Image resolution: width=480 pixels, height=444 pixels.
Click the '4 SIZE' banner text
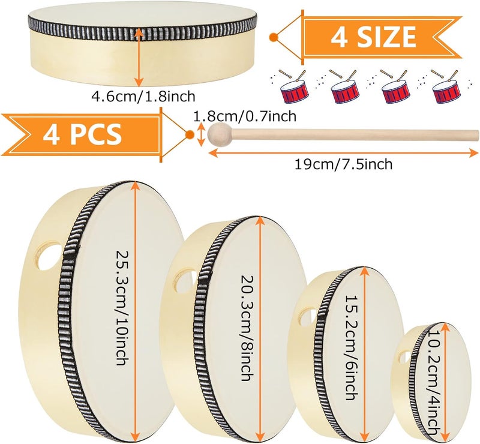[x=373, y=37]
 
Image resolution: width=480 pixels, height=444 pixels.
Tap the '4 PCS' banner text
[x=82, y=134]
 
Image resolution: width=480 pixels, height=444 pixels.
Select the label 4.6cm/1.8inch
[x=143, y=97]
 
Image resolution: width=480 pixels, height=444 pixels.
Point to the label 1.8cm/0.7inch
[x=245, y=116]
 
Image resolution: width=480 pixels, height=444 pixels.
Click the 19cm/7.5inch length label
[x=343, y=164]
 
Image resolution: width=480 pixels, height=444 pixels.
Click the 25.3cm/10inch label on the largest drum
[x=122, y=308]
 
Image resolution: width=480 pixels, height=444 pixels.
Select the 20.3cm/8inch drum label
[x=247, y=328]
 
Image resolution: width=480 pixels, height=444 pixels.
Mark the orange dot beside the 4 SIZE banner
[x=274, y=37]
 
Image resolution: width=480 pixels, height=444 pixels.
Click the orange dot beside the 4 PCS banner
[x=190, y=134]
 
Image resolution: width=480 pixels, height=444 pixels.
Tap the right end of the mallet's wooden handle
[x=478, y=134]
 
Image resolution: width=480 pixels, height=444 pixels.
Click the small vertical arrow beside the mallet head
[x=201, y=134]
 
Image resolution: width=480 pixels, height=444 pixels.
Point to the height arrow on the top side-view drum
[x=140, y=57]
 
